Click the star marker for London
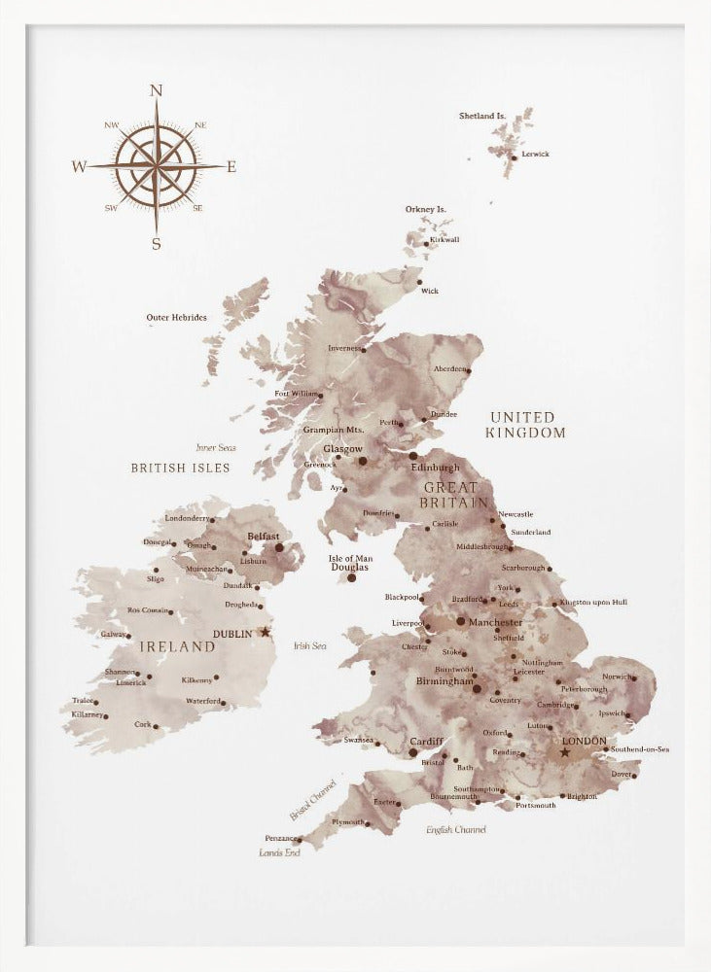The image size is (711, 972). click(564, 751)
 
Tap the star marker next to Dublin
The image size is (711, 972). click(265, 632)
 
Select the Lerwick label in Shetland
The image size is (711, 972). click(535, 154)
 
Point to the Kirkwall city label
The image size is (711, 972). click(444, 239)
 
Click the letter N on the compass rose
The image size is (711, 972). click(156, 90)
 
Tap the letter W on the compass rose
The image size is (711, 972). click(79, 167)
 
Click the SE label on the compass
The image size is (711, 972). click(197, 208)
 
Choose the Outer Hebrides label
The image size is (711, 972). click(176, 317)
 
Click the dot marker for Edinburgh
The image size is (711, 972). click(412, 455)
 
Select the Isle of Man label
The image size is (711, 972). click(350, 558)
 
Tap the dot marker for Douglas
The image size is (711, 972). click(351, 577)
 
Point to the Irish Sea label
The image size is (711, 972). click(309, 645)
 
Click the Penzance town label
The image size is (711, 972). click(281, 838)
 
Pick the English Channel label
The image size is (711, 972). click(456, 829)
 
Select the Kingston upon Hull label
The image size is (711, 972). click(593, 603)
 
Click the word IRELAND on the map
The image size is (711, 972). click(177, 646)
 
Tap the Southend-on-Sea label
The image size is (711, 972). click(640, 749)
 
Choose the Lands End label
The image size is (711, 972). click(279, 852)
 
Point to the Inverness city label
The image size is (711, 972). click(344, 348)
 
